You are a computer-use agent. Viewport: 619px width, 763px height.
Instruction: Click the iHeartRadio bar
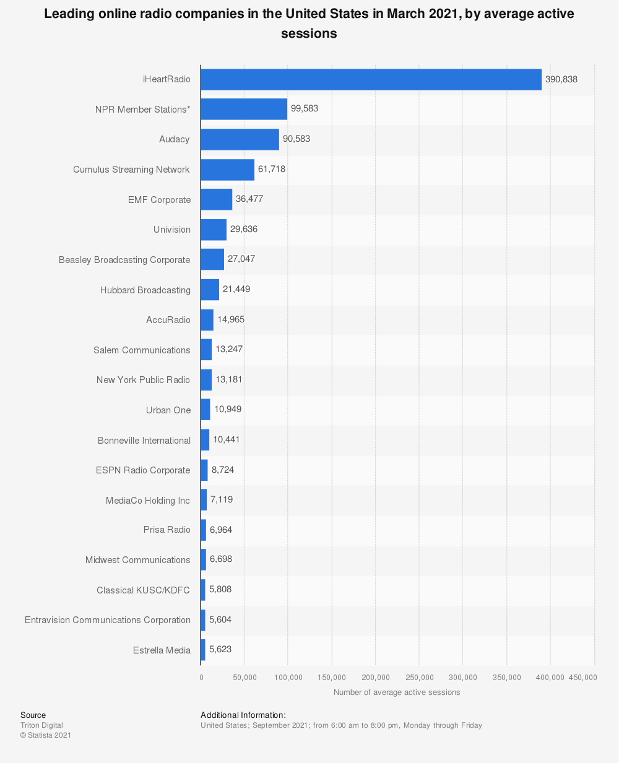pyautogui.click(x=371, y=79)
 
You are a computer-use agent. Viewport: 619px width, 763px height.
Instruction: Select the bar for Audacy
pyautogui.click(x=240, y=139)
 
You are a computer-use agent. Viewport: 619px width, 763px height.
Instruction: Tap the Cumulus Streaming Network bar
pyautogui.click(x=227, y=170)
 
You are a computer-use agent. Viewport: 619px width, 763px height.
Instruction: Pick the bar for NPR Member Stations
pyautogui.click(x=244, y=109)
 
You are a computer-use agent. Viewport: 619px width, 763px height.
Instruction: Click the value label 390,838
pyautogui.click(x=561, y=79)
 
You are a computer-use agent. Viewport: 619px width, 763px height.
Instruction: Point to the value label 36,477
pyautogui.click(x=249, y=199)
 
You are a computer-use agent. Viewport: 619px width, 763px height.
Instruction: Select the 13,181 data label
pyautogui.click(x=229, y=379)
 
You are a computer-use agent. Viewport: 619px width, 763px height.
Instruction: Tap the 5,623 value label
pyautogui.click(x=220, y=650)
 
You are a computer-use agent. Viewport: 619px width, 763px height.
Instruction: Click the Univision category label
pyautogui.click(x=172, y=230)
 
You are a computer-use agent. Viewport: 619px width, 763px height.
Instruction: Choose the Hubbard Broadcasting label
pyautogui.click(x=145, y=290)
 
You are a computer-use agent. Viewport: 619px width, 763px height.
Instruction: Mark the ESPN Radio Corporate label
pyautogui.click(x=143, y=470)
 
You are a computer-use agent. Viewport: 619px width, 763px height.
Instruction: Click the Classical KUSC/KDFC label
pyautogui.click(x=143, y=590)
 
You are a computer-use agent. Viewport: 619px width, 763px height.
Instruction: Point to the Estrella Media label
pyautogui.click(x=162, y=650)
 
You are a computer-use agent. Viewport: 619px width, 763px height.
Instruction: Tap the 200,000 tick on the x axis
pyautogui.click(x=376, y=678)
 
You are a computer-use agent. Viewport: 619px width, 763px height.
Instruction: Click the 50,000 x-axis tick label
pyautogui.click(x=245, y=678)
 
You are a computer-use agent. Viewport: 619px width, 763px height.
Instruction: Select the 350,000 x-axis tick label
pyautogui.click(x=507, y=678)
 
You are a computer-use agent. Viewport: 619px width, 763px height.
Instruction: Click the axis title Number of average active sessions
pyautogui.click(x=397, y=692)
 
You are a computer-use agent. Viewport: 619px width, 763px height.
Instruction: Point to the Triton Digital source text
pyautogui.click(x=41, y=725)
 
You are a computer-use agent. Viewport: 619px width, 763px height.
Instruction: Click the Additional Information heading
pyautogui.click(x=243, y=715)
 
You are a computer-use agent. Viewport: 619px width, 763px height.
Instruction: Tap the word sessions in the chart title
pyautogui.click(x=309, y=33)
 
